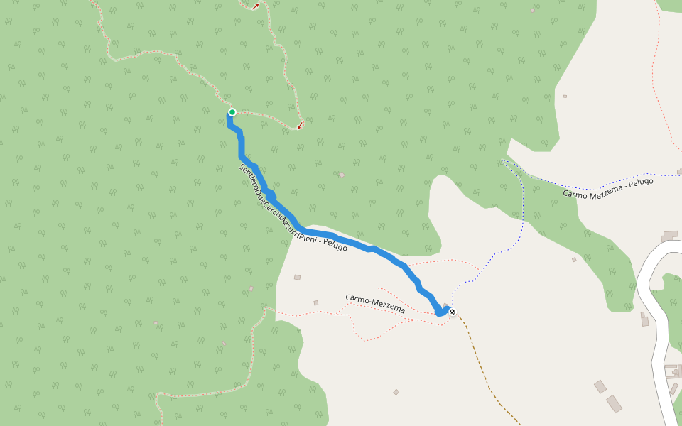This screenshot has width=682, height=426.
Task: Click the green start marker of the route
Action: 232,112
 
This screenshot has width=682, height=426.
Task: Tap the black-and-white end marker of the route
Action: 453,312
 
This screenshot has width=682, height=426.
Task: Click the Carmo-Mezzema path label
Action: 375,304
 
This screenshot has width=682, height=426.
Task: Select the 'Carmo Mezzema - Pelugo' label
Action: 607,187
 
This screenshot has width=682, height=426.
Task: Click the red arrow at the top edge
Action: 255,6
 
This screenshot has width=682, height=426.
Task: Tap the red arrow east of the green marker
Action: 300,126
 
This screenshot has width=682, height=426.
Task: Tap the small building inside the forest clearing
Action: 342,175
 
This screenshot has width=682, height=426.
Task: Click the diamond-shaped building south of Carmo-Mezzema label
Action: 396,392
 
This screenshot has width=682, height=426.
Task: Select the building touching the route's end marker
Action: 446,306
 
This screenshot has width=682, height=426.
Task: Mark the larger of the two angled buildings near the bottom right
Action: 614,403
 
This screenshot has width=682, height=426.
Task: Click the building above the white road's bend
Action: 670,235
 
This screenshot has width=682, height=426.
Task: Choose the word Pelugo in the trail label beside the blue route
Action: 334,246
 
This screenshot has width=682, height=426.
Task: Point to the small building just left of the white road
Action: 644,321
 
